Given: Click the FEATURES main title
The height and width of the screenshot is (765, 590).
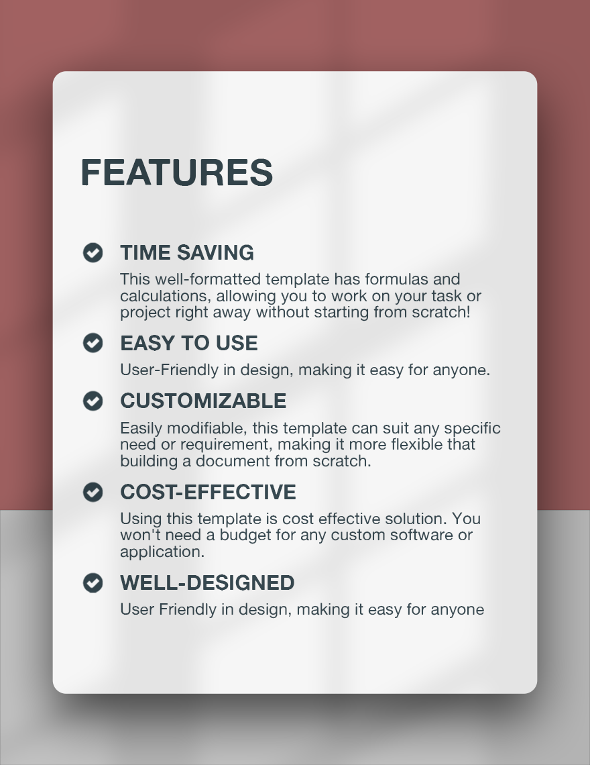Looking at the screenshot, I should tap(176, 173).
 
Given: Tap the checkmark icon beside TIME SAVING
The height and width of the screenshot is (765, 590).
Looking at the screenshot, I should tap(93, 252).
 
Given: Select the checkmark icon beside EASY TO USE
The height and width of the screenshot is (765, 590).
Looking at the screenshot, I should tap(93, 343).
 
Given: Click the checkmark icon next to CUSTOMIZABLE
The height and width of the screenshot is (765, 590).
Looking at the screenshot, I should tap(93, 401).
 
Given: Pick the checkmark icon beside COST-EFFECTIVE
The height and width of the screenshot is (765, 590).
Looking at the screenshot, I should tap(93, 492).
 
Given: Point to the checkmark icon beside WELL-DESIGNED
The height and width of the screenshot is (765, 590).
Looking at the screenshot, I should tap(93, 582).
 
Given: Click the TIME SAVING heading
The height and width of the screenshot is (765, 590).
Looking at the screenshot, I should tap(187, 253).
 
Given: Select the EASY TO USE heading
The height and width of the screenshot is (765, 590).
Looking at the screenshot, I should tap(189, 344).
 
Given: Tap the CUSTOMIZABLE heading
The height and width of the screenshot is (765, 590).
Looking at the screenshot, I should tap(203, 401).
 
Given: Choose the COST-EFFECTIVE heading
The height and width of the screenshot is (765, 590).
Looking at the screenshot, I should tap(208, 493).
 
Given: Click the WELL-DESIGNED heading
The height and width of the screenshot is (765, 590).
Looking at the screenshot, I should tap(207, 583).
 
